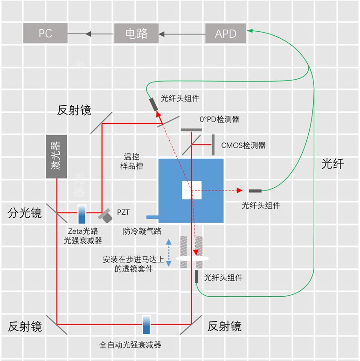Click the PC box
coord(45,34)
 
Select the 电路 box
coord(137,34)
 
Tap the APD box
coord(226,34)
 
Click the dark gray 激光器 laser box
coord(56,157)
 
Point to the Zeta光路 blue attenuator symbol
coord(82,215)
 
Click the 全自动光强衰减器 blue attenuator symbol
coord(147,324)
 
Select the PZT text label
coord(124,212)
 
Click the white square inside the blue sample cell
coord(192,190)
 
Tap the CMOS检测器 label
coord(243,145)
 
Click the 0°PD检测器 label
coord(220,119)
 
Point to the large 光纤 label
coord(333,163)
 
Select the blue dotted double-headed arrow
coord(168,253)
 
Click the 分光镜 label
coord(25,213)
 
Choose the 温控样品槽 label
coord(130,161)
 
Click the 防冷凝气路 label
coord(142,231)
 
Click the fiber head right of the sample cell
coord(255,191)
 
